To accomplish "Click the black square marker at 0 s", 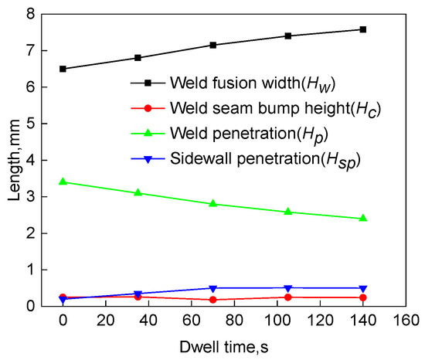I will tap(63, 69).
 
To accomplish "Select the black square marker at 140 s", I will tap(363, 29).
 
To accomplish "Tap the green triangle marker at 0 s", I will tap(63, 182).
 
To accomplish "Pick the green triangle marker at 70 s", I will tap(213, 203).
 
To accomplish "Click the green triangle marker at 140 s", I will tap(363, 218).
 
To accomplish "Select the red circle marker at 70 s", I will tap(213, 300).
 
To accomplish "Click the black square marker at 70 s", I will tap(213, 45).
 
